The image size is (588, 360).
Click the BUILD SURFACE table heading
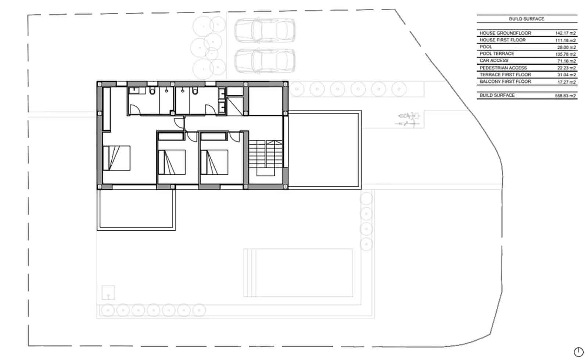[x=526, y=19]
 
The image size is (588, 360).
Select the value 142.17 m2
[x=565, y=33]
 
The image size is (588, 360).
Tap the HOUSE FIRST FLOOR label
[x=502, y=40]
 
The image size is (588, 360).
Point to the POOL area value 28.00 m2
[x=566, y=47]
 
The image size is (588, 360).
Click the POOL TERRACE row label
[x=496, y=54]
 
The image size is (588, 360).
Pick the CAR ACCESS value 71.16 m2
[x=566, y=61]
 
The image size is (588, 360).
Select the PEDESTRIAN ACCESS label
[x=503, y=68]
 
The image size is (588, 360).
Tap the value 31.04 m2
[x=566, y=75]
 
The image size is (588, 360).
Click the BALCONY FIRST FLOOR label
[x=505, y=82]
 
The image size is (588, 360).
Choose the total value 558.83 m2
[x=565, y=96]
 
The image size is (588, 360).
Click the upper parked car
[x=265, y=30]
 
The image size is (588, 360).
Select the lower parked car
[x=265, y=61]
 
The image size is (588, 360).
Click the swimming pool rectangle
[x=298, y=273]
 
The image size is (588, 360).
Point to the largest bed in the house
[x=116, y=158]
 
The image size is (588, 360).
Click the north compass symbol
[x=578, y=352]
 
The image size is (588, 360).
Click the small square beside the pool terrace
[x=108, y=293]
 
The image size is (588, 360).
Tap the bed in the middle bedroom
[x=172, y=162]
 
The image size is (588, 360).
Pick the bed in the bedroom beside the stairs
[x=215, y=162]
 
